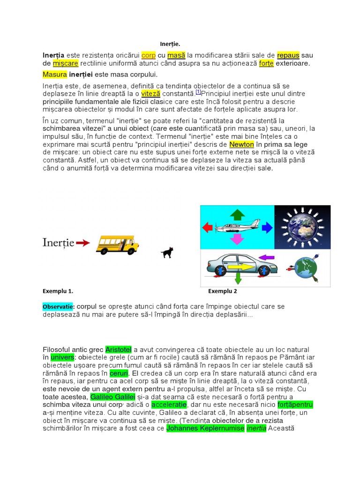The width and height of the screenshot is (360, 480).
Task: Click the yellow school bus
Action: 117,244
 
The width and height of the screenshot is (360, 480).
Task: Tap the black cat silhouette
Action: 166,253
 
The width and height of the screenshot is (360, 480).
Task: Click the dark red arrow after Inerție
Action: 83,243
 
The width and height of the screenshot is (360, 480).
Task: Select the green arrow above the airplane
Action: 237,215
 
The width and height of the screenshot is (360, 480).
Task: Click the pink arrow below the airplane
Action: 237,239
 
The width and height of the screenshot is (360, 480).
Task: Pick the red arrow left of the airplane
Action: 207,228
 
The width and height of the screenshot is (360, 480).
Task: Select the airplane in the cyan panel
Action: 237,227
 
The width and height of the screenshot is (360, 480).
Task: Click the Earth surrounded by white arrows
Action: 302,227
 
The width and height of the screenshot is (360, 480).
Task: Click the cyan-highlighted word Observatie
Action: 58,307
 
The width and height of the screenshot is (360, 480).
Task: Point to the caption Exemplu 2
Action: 223,291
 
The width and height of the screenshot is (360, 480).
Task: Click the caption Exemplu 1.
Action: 58,291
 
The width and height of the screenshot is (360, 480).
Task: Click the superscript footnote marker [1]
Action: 198,91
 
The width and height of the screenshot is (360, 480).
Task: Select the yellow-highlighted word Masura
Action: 55,75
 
